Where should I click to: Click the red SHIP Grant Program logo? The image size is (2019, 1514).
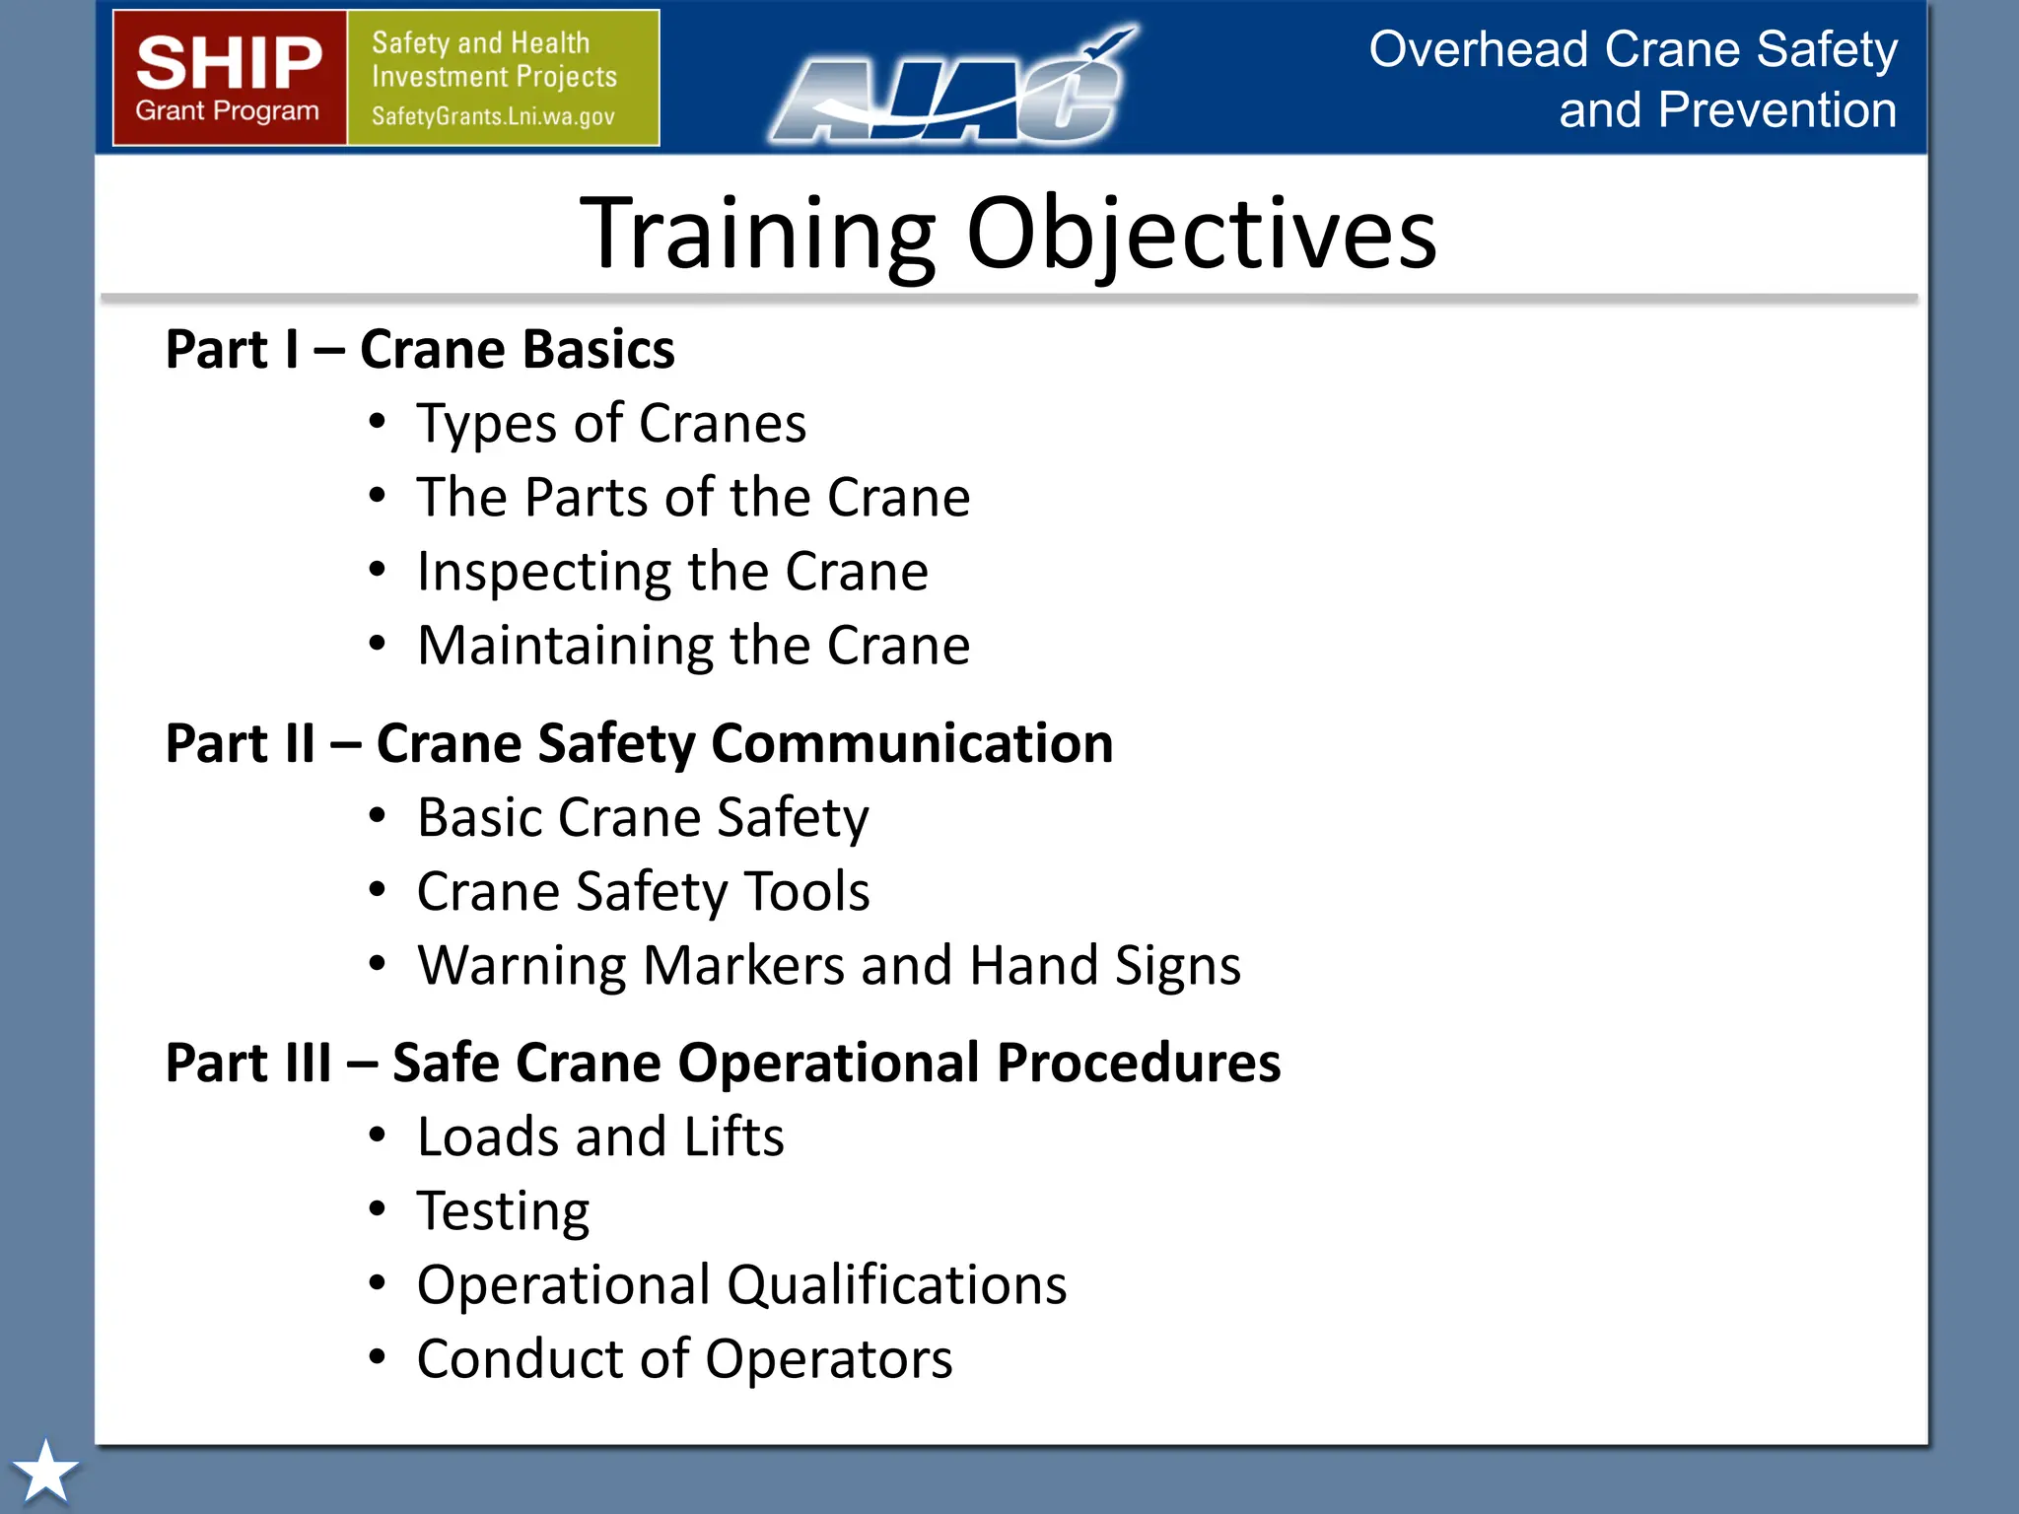229,78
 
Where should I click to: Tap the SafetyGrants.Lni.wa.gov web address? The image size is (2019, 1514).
493,116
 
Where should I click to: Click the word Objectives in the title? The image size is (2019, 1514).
1201,234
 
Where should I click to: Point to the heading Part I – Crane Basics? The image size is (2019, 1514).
420,349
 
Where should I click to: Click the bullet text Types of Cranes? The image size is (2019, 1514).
611,424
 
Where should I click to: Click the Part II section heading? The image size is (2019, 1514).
639,743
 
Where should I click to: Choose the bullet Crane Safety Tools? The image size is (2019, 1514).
643,891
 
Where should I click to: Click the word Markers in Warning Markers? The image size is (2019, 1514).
743,965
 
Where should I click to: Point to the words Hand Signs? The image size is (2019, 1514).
1104,965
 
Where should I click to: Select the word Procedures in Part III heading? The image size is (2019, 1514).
1138,1063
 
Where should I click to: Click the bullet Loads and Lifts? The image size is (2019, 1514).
600,1136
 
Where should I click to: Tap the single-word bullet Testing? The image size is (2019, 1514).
503,1210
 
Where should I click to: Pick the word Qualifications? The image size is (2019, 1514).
896,1284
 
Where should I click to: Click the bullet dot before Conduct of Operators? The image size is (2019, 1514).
377,1357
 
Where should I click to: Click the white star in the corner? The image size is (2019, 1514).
44,1471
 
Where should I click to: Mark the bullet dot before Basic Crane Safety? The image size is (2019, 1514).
377,815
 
